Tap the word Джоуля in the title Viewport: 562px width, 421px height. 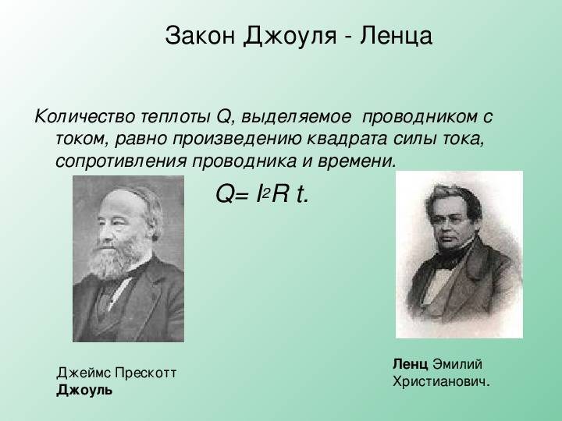click(x=290, y=37)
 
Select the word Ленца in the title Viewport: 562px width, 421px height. click(x=396, y=37)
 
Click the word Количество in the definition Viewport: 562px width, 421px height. click(x=85, y=117)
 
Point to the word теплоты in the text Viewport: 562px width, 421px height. click(x=176, y=118)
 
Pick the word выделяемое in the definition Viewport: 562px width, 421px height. click(x=296, y=118)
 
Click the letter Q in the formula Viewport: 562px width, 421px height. click(x=225, y=195)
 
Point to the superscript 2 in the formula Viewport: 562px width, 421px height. click(x=266, y=193)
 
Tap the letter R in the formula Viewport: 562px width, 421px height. click(x=280, y=195)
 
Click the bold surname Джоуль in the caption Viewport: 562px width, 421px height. click(x=84, y=391)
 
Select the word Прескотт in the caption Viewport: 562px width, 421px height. click(x=145, y=373)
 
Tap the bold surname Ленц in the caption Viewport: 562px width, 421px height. click(x=410, y=364)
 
